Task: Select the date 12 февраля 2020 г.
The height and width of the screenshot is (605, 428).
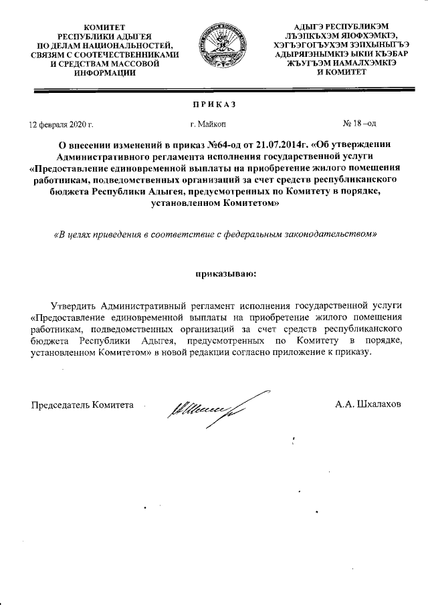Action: click(x=60, y=124)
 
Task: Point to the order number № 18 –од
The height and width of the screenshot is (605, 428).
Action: click(x=360, y=124)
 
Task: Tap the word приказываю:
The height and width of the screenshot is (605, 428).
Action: click(x=215, y=273)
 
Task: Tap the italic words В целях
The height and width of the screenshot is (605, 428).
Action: click(x=70, y=235)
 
